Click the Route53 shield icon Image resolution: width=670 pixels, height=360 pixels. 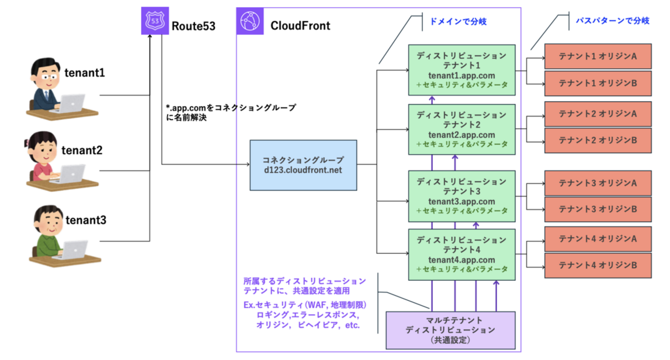click(155, 21)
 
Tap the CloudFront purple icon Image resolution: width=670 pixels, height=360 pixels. click(250, 21)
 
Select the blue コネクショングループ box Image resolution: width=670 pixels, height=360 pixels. click(303, 165)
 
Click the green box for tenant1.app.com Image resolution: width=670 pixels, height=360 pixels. click(462, 70)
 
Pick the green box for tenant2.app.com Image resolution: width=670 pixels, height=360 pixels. click(462, 129)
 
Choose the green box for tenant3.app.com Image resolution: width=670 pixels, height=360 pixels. click(462, 196)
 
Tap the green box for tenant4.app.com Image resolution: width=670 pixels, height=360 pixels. click(462, 255)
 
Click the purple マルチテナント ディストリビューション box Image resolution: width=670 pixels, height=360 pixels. click(450, 331)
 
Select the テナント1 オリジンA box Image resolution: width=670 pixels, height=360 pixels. click(598, 56)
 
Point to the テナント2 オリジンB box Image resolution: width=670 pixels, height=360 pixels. click(598, 140)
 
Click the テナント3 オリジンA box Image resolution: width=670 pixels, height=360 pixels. click(598, 183)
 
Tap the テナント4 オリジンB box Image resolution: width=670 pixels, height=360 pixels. click(598, 266)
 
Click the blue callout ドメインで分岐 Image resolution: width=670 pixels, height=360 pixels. click(458, 22)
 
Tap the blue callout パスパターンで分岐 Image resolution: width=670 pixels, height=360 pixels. click(613, 21)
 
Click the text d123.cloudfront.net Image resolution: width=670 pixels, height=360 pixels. click(303, 170)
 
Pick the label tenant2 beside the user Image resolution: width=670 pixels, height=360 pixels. click(82, 150)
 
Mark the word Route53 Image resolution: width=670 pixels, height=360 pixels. click(193, 26)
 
